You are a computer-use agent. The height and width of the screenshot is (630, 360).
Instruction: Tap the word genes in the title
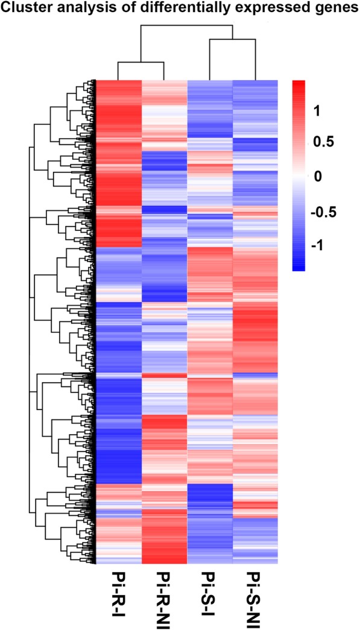(334, 8)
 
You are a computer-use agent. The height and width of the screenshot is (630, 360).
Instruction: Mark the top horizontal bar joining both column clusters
(187, 26)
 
